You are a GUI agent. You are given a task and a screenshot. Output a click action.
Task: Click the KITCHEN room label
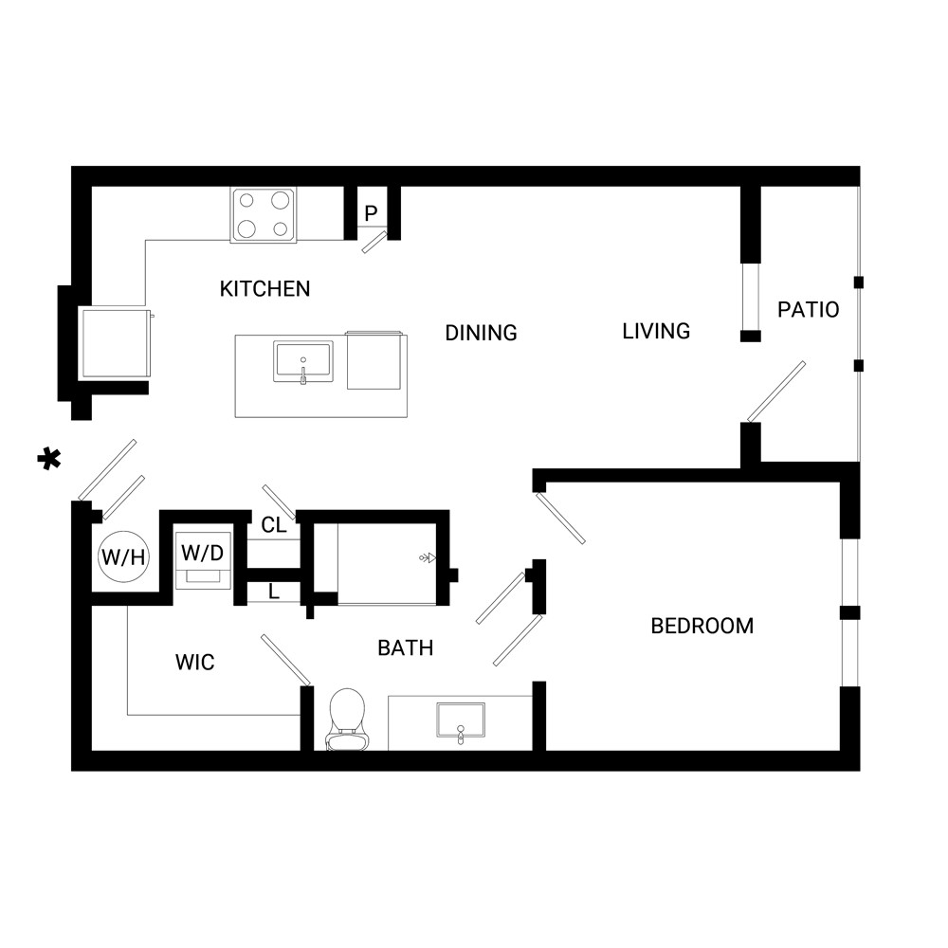[264, 289]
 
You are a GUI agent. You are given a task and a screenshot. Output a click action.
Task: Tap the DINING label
[482, 333]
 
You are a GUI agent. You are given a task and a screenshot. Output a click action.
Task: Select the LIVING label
[656, 331]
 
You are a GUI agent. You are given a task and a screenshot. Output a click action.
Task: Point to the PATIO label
[809, 310]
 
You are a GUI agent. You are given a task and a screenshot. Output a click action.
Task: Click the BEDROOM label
[702, 626]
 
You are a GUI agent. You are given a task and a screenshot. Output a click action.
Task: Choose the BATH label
[406, 648]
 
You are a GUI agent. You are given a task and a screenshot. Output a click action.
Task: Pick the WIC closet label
[194, 662]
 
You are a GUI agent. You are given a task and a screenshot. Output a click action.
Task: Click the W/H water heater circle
[123, 556]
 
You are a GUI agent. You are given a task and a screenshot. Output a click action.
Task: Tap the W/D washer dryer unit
[203, 560]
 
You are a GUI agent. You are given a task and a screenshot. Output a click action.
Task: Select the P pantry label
[372, 212]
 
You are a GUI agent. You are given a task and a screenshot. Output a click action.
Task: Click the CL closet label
[274, 525]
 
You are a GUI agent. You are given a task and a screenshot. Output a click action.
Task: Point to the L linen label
[274, 592]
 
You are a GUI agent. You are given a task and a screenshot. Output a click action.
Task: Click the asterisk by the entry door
[49, 460]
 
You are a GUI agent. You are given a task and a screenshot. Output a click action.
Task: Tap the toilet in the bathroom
[346, 719]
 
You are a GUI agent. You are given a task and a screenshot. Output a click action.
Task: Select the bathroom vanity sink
[461, 720]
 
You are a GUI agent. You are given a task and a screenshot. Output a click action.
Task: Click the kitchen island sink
[303, 362]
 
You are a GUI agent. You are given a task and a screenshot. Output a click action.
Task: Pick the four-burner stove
[263, 214]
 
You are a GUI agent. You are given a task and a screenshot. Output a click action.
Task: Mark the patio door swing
[776, 392]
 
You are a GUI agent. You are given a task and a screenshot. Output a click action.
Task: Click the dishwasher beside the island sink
[374, 360]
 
